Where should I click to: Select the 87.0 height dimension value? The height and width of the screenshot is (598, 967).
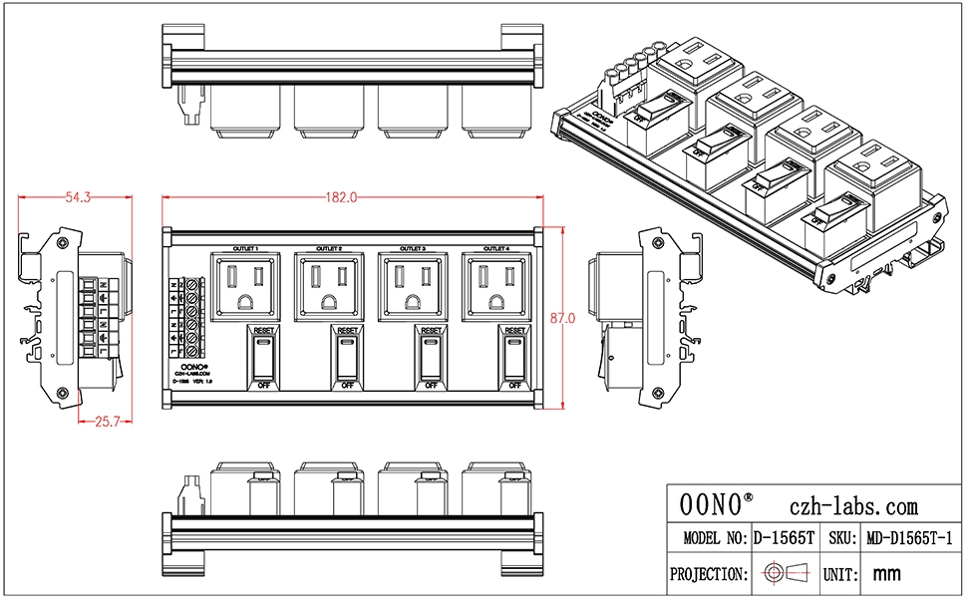coord(563,318)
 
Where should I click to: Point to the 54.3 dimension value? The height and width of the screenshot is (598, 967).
coord(78,198)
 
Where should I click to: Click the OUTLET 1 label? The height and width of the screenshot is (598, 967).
coord(245,247)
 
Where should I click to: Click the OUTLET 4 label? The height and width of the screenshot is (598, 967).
coord(497,247)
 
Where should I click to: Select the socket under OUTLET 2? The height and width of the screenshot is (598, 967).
coord(329,285)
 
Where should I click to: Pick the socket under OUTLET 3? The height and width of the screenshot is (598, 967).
coord(413,285)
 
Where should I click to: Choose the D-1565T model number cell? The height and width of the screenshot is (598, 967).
coord(784,538)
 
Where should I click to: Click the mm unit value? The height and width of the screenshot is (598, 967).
coord(886,574)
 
